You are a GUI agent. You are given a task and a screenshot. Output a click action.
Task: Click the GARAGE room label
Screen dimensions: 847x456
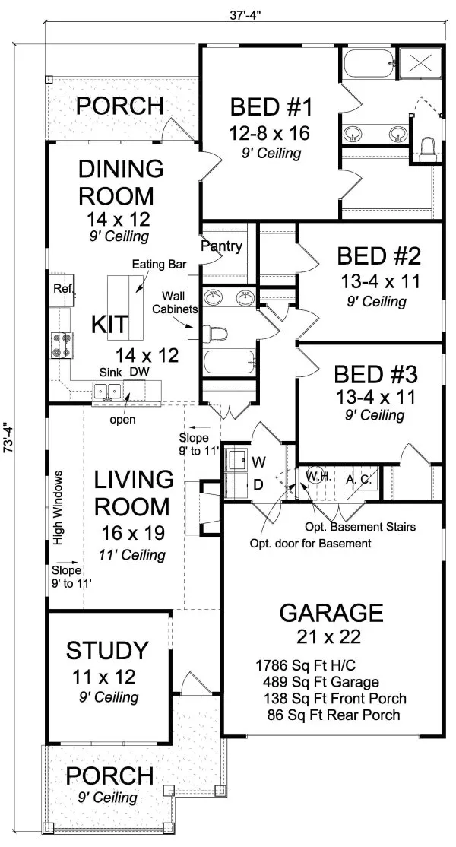click(331, 612)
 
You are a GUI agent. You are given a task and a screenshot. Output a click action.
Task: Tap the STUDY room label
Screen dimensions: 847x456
click(107, 651)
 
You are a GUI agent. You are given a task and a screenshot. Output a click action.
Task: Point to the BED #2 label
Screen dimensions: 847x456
click(379, 255)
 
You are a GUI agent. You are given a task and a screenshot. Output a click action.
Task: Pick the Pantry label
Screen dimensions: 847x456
click(222, 246)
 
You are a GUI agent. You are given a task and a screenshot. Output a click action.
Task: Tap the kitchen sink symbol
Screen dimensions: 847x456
click(106, 391)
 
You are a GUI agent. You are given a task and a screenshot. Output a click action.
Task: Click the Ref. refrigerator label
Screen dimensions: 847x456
click(61, 288)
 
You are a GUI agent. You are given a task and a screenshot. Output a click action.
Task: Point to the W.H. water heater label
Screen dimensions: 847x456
click(316, 476)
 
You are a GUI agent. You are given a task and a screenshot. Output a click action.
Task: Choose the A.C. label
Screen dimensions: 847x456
click(357, 479)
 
